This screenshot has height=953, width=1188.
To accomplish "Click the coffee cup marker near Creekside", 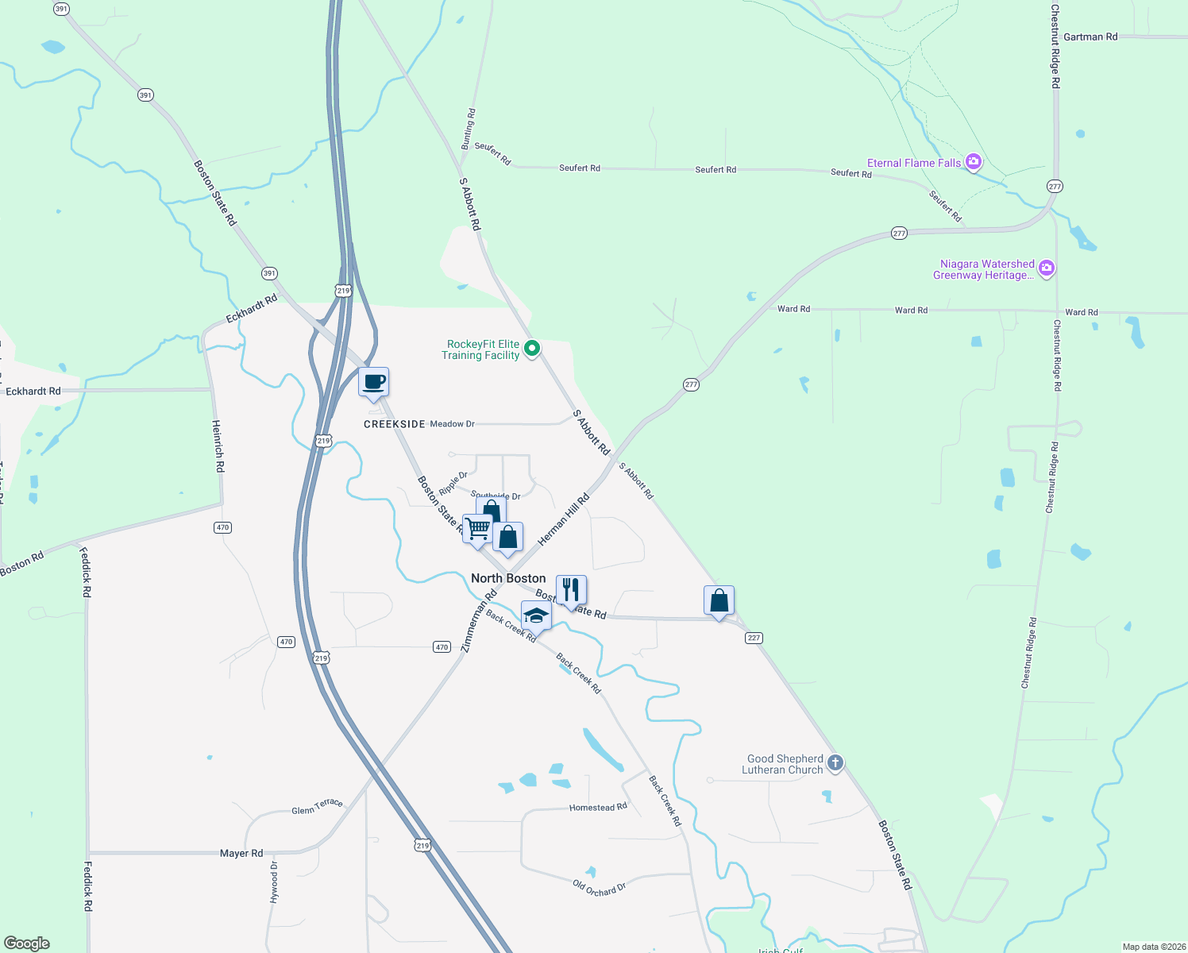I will click(373, 383).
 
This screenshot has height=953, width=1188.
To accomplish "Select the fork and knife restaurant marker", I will click(571, 590).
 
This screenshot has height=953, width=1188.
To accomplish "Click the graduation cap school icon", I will click(536, 616).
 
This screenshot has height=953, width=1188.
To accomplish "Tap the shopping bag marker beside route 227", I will click(719, 601).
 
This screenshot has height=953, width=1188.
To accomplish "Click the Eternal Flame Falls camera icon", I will click(974, 163).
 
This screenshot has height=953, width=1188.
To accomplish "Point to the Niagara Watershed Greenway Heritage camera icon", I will click(1047, 268).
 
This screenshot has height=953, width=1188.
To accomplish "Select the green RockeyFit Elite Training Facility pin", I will click(533, 348).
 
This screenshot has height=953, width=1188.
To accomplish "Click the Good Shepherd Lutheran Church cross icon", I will click(835, 763).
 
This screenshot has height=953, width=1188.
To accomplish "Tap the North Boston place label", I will click(508, 578).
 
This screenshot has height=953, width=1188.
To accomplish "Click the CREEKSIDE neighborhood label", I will click(395, 424).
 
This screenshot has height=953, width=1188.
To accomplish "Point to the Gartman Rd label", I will click(1090, 37).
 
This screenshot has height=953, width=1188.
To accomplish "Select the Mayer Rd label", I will click(241, 853).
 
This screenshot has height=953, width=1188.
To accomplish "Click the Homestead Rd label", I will click(598, 807).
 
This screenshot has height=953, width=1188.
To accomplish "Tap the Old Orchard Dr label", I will click(600, 888).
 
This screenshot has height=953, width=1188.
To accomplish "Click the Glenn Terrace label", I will click(317, 807).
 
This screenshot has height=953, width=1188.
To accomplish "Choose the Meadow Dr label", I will click(452, 424).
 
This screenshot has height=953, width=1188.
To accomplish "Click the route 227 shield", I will click(754, 638).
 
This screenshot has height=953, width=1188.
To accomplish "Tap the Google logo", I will click(27, 943).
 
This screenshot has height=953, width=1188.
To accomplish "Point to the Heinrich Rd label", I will click(218, 446).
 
